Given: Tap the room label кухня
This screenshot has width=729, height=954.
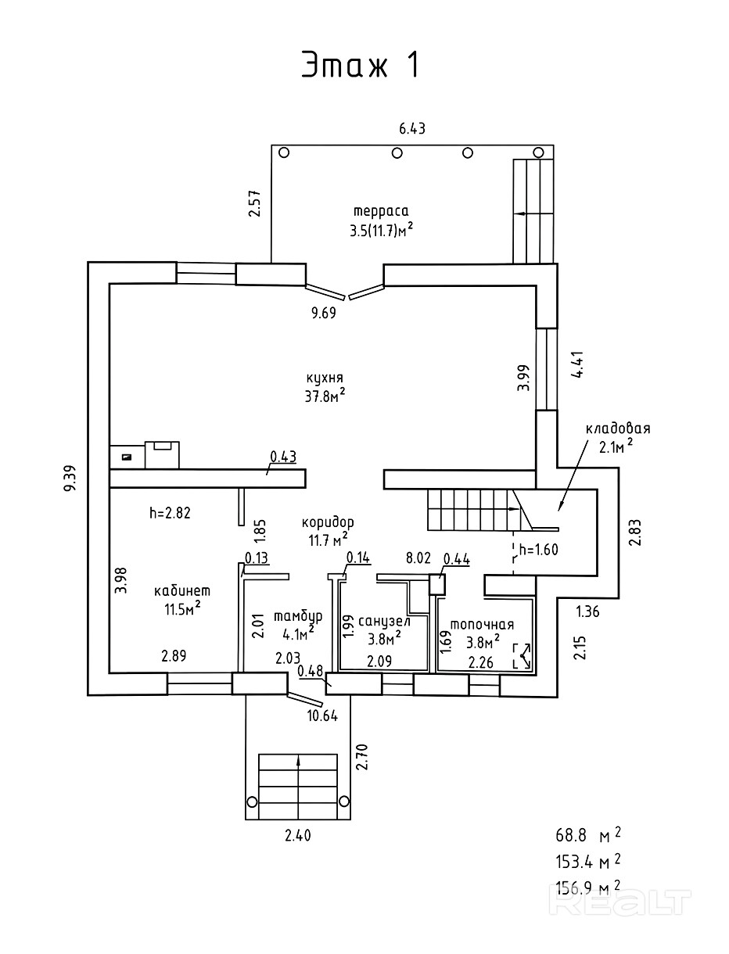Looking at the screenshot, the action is click(x=325, y=378).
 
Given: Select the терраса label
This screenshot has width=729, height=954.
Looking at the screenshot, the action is click(x=381, y=212).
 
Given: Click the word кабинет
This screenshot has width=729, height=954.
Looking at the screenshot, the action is click(x=182, y=590).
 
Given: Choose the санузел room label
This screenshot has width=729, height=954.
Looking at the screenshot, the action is click(x=384, y=622).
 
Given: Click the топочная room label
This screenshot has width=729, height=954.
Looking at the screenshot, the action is click(x=482, y=625).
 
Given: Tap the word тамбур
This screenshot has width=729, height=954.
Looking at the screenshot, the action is click(x=298, y=616).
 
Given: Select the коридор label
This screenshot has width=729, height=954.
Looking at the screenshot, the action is click(x=328, y=523).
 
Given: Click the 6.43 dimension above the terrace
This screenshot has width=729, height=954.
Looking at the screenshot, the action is click(x=411, y=129).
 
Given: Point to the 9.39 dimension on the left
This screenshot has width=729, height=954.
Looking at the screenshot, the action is click(x=70, y=478).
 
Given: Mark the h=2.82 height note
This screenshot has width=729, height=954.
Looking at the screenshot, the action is click(x=170, y=513).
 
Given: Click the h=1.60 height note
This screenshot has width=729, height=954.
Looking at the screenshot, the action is click(x=539, y=550).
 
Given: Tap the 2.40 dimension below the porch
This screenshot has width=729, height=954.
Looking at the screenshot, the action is click(x=298, y=836).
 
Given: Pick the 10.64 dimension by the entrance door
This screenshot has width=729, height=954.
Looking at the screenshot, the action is click(x=322, y=715).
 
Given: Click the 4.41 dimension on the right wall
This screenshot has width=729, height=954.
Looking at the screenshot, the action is click(x=579, y=364).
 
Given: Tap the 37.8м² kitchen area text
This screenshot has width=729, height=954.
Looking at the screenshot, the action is click(x=325, y=396).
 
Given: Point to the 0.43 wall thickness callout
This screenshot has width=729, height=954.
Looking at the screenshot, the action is click(x=283, y=457).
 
